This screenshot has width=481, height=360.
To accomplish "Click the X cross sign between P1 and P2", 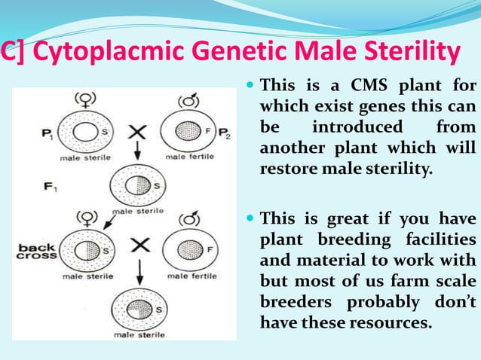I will pos(136,133).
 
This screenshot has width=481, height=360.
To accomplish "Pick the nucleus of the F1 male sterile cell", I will pos(136,185).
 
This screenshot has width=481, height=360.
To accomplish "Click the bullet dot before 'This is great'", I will pos(250,220).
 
